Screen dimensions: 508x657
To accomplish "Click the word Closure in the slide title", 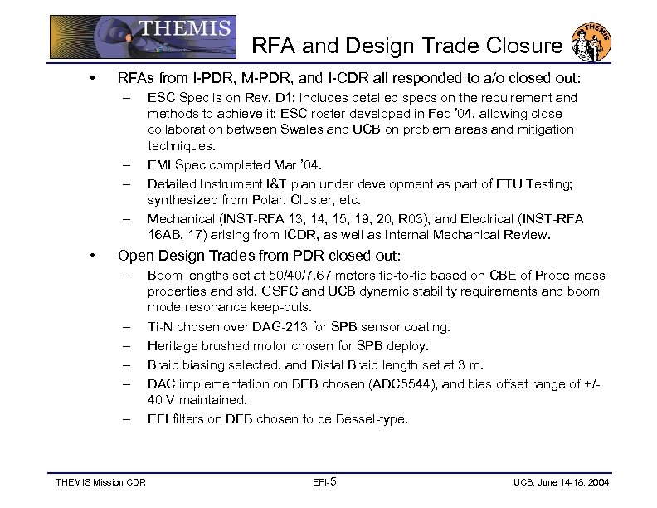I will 523,46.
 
